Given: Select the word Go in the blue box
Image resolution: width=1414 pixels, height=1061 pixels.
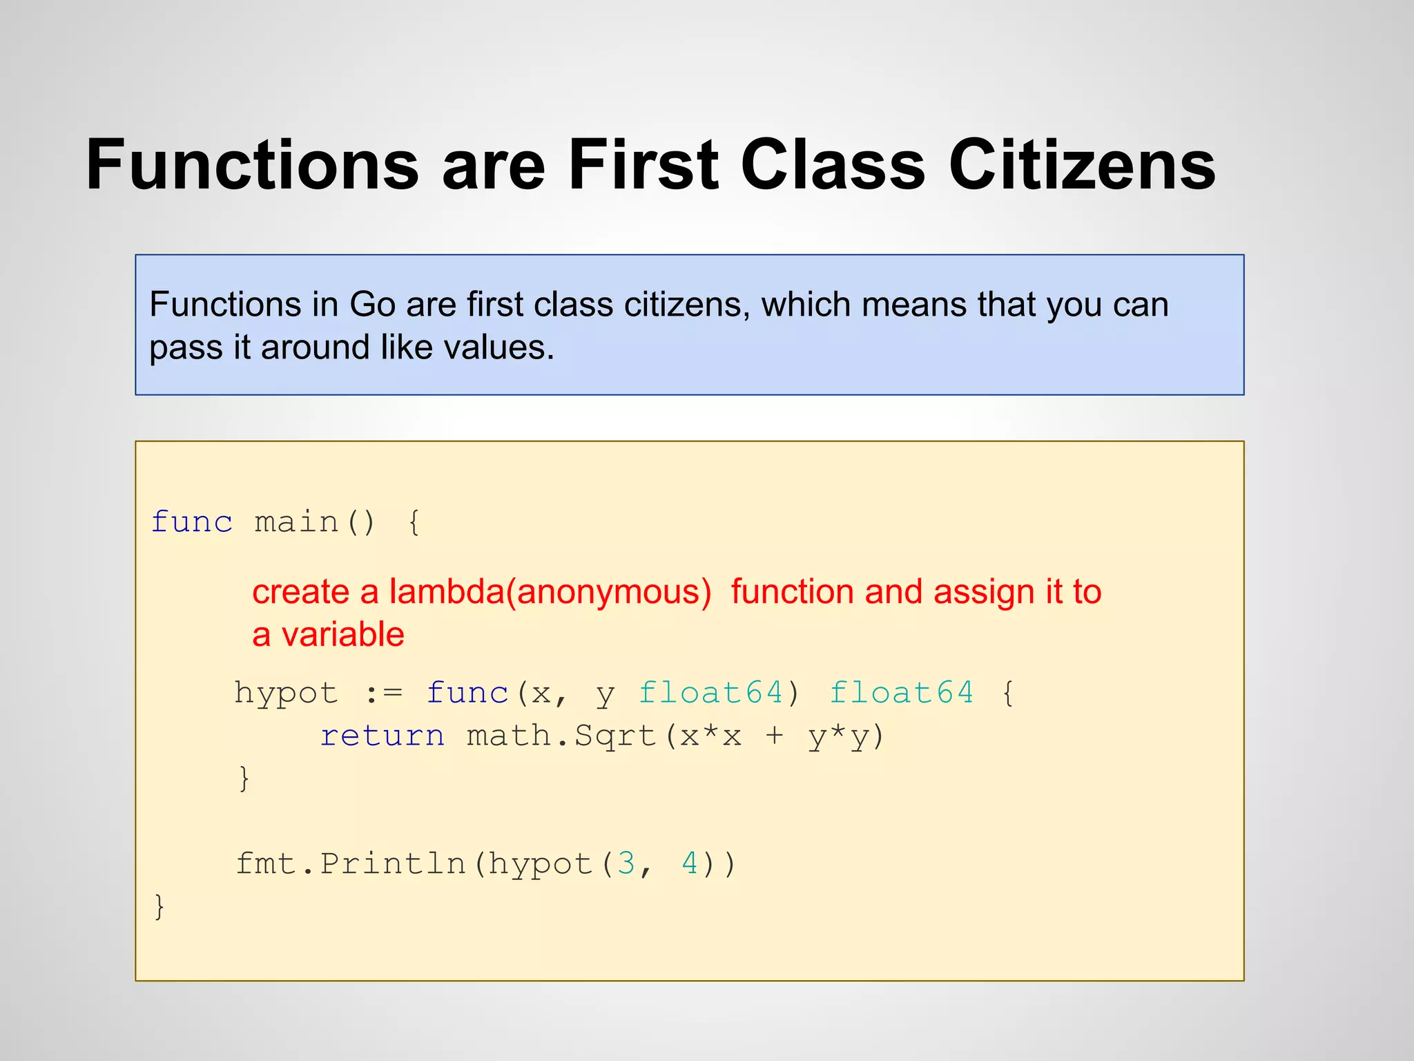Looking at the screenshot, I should pyautogui.click(x=372, y=305).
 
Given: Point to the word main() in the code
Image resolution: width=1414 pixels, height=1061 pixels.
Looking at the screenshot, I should pyautogui.click(x=314, y=522).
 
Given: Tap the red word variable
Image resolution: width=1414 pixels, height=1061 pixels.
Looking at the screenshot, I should pyautogui.click(x=342, y=635).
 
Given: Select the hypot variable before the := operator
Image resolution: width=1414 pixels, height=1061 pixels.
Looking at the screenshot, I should pyautogui.click(x=286, y=694).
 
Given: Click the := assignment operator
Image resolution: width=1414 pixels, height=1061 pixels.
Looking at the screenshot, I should pyautogui.click(x=383, y=694).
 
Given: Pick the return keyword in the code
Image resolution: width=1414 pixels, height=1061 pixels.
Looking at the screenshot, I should pyautogui.click(x=382, y=736).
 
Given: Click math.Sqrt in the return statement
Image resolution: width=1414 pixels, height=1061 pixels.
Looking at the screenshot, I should pyautogui.click(x=561, y=736).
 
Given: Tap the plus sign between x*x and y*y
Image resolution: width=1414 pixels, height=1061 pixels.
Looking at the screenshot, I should pyautogui.click(x=775, y=736).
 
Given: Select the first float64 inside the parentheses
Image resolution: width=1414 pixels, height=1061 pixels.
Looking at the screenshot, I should pyautogui.click(x=710, y=694).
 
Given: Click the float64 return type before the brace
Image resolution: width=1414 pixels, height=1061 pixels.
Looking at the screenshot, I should pyautogui.click(x=901, y=694).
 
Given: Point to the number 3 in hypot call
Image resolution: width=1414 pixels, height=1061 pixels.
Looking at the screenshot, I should pyautogui.click(x=626, y=864).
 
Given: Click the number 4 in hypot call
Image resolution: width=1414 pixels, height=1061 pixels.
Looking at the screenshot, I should pyautogui.click(x=690, y=864).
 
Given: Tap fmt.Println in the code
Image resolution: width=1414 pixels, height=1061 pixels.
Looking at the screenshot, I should pyautogui.click(x=351, y=864).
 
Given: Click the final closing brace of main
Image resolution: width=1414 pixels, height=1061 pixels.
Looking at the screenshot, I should pyautogui.click(x=159, y=906).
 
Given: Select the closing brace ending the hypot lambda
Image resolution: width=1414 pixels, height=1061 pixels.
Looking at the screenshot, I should pyautogui.click(x=244, y=778).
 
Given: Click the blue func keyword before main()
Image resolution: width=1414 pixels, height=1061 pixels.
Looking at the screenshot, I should pyautogui.click(x=192, y=522).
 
